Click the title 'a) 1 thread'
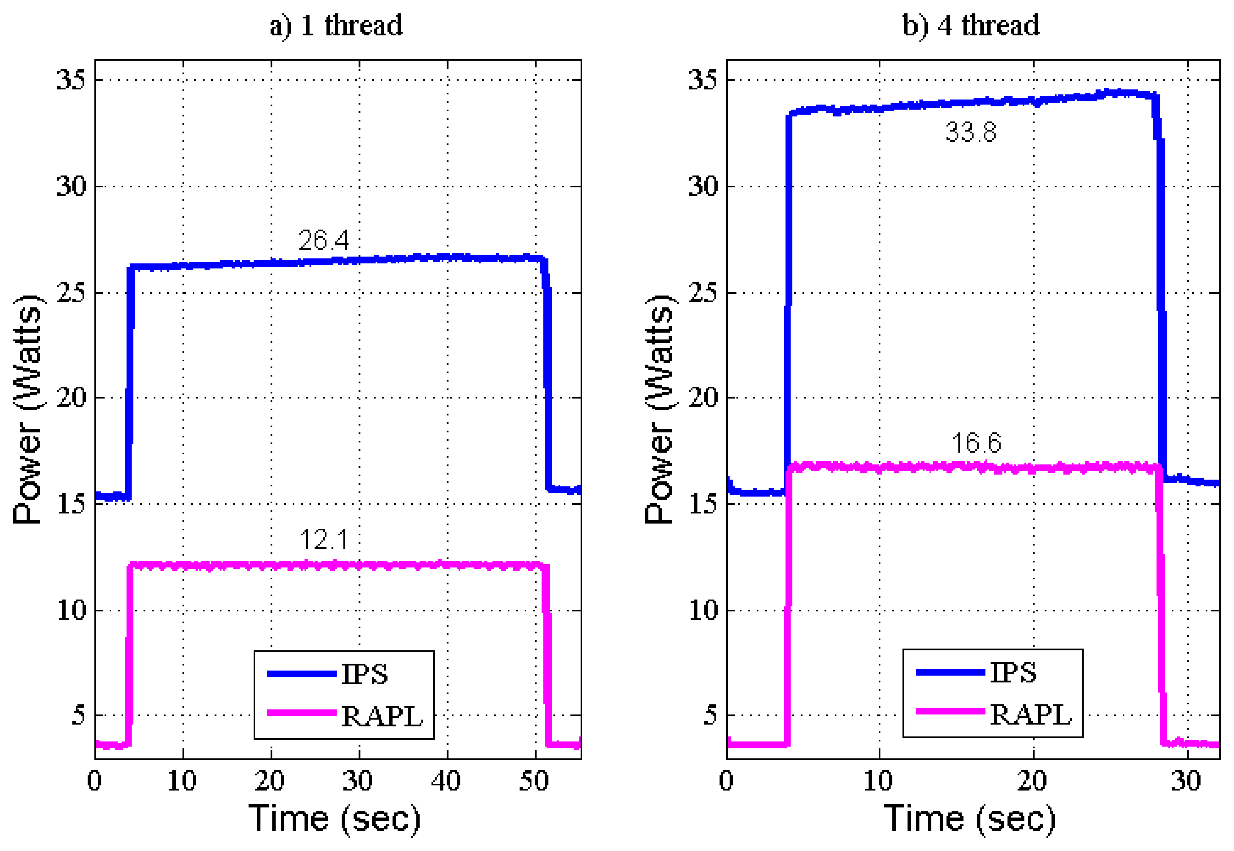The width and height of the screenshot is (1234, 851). coord(336,26)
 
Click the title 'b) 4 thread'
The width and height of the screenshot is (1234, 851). coord(971,26)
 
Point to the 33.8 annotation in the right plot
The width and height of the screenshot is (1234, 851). coord(971,132)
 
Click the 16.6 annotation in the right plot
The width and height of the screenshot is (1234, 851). coord(976,443)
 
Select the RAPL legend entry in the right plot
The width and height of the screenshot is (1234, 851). coord(1030,715)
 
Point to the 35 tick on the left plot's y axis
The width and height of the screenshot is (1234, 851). coord(71,80)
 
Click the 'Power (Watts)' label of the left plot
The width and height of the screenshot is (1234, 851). coord(28,409)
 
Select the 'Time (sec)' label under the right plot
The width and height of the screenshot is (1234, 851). coord(969,818)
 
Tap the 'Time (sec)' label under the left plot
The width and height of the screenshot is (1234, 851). coord(335,818)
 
